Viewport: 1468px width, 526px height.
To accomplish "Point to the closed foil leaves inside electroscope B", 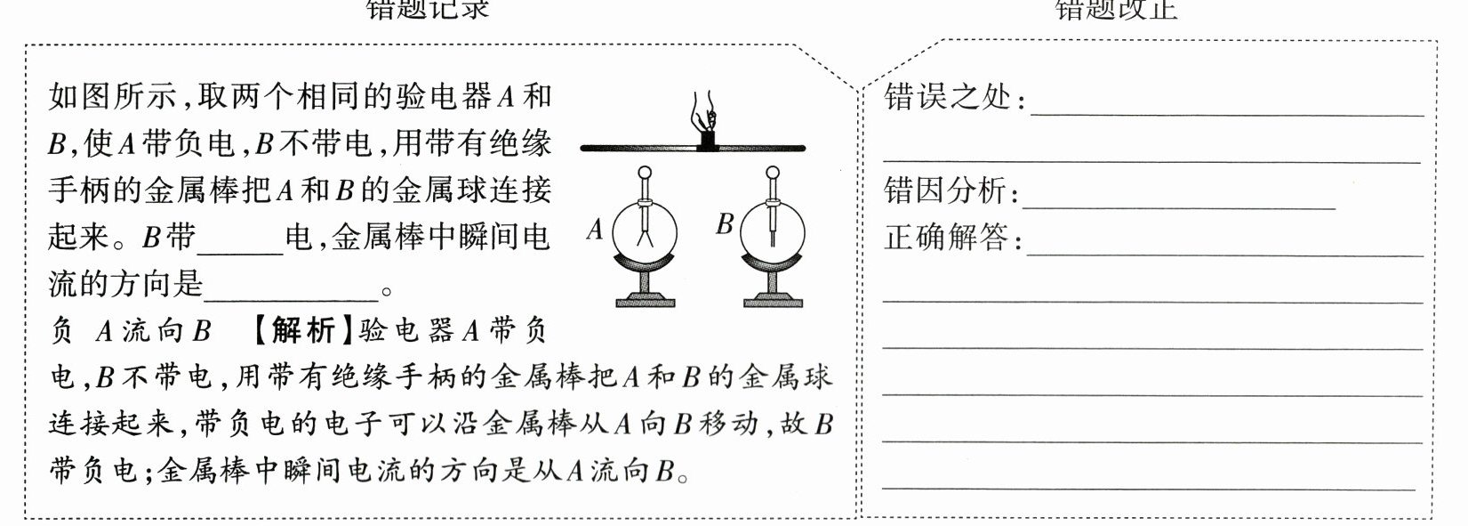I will point(774,236).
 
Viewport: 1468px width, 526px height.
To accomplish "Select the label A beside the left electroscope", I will point(595,231).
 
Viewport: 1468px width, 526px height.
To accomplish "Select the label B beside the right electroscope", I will point(725,224).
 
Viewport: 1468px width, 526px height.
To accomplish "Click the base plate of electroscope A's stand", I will point(646,303).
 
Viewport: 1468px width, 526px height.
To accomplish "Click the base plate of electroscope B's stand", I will point(774,303).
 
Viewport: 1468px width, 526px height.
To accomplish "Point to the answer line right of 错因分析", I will point(1178,205).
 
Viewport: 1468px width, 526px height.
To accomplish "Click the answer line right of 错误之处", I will point(1227,112).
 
